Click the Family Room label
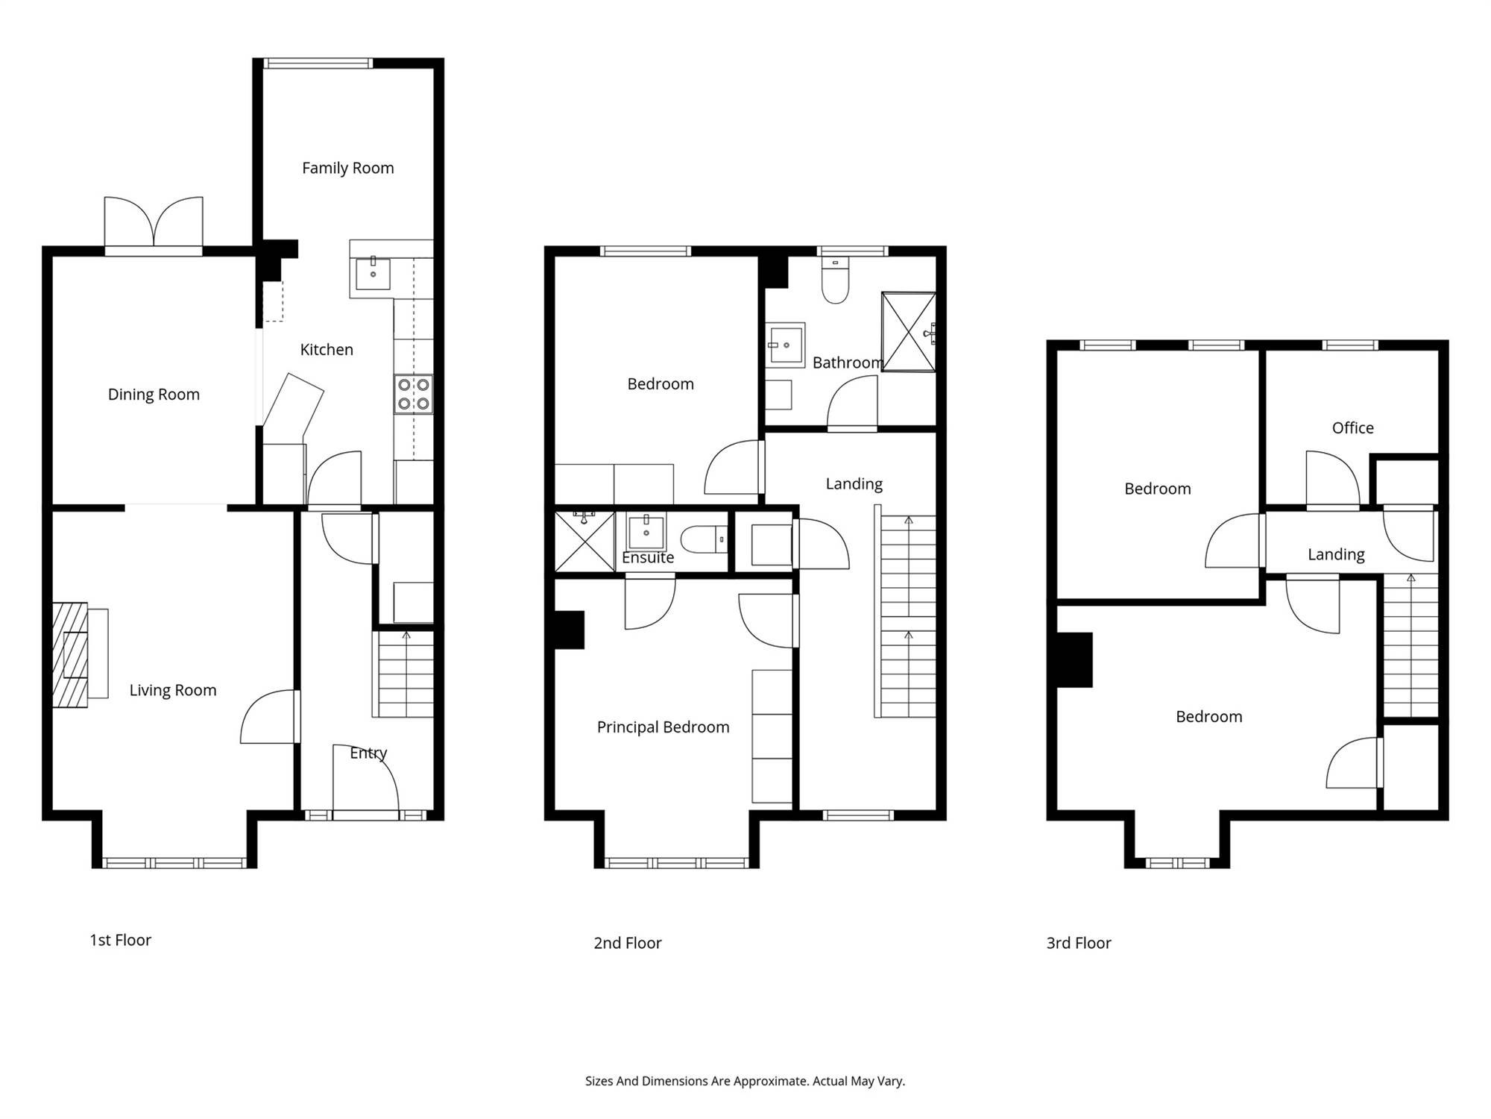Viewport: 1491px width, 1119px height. tap(348, 169)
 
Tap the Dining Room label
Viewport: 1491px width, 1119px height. tap(154, 395)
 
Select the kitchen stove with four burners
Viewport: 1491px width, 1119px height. tap(414, 395)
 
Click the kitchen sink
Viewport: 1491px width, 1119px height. tap(373, 274)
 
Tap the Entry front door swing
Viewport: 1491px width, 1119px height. tap(365, 780)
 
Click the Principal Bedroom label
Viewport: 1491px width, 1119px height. tap(663, 727)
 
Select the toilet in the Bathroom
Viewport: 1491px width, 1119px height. tap(835, 280)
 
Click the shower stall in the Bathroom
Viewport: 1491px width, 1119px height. tap(909, 332)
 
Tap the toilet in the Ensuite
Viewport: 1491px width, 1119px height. tap(704, 539)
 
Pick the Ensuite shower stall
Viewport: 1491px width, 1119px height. tap(585, 541)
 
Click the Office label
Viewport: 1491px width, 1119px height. tap(1352, 428)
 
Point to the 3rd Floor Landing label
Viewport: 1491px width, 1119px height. tap(1336, 554)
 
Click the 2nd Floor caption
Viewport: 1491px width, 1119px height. tap(628, 943)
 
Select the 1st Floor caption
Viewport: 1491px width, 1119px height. tap(121, 940)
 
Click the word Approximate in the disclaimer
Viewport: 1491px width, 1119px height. tap(771, 1081)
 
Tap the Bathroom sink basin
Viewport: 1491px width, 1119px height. tap(786, 345)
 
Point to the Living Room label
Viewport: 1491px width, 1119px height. tap(173, 691)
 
